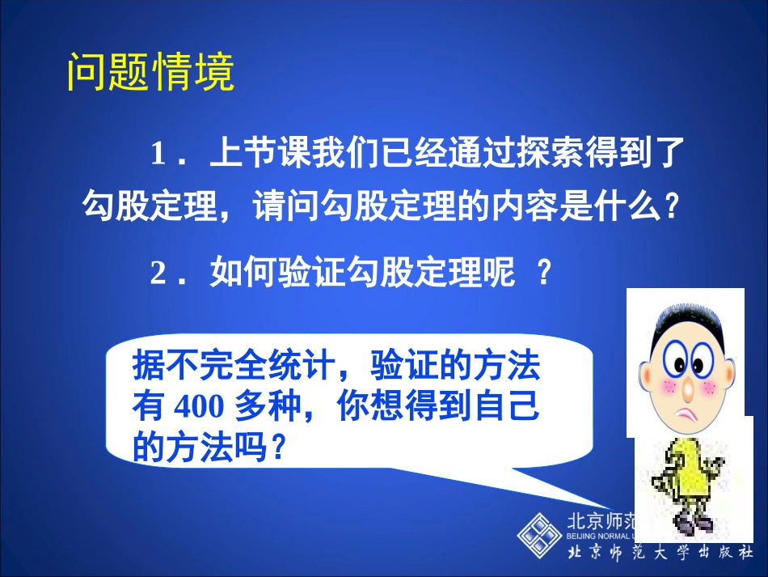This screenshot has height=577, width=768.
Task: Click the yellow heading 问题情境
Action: pyautogui.click(x=150, y=74)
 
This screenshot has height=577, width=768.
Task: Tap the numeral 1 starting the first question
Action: pyautogui.click(x=158, y=154)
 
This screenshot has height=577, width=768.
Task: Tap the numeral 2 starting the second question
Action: pyautogui.click(x=158, y=274)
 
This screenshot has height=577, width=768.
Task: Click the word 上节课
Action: pyautogui.click(x=248, y=154)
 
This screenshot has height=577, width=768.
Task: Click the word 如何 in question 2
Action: pyautogui.click(x=235, y=274)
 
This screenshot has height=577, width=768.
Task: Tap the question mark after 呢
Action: pyautogui.click(x=544, y=274)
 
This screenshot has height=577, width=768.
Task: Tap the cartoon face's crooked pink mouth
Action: pyautogui.click(x=689, y=417)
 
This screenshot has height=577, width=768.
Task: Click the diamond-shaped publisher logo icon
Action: pyautogui.click(x=539, y=534)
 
